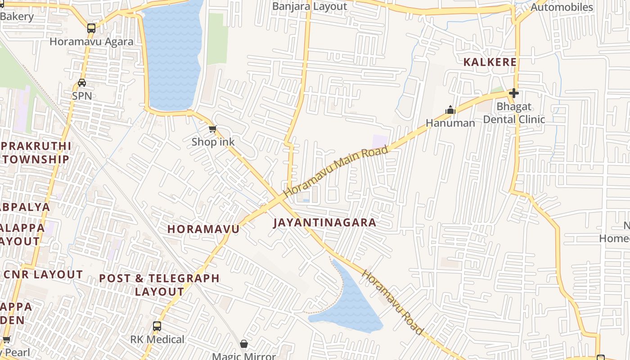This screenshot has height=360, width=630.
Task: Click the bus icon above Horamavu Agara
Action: point(91,28)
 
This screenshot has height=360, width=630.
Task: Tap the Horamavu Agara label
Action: point(91,42)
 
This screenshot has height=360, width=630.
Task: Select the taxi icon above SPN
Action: point(82,83)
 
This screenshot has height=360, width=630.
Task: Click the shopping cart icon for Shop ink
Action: point(213,129)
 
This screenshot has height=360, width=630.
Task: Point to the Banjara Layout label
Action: point(310,7)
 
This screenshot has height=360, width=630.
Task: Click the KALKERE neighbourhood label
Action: point(490,62)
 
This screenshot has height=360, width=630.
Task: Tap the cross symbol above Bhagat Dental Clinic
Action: point(513,93)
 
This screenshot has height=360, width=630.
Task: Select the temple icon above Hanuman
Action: point(450,110)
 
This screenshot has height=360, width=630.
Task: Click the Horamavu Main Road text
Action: point(335,171)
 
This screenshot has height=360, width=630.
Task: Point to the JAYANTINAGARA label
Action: point(324,223)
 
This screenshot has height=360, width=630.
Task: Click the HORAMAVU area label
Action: point(203,229)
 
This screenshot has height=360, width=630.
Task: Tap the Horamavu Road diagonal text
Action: point(393,302)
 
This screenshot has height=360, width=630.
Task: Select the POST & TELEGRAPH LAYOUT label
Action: point(159,285)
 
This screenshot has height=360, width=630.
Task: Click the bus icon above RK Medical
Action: point(157,326)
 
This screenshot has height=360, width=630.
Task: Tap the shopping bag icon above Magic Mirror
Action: point(244,344)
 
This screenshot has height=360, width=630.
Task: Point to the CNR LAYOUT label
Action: point(43,274)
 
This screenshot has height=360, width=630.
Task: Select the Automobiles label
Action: point(562,7)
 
